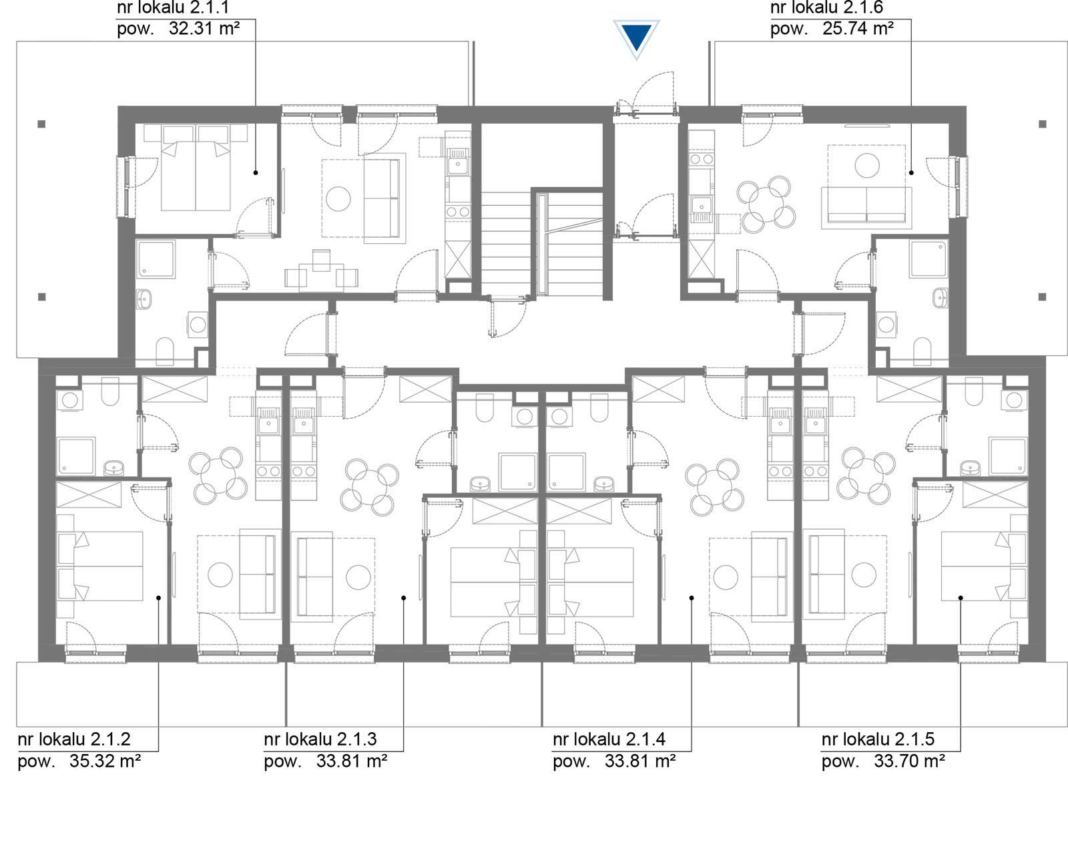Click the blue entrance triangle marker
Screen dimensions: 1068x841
[636, 38]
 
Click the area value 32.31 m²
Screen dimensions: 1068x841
[204, 29]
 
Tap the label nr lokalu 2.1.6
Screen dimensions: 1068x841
[826, 7]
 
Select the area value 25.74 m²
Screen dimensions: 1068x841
[858, 29]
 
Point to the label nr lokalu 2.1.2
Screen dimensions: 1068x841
[74, 739]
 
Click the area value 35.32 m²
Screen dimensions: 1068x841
[105, 761]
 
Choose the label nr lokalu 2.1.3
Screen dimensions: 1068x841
[320, 739]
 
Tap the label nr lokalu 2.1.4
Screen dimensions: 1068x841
[609, 739]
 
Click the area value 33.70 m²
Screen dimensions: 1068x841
[909, 761]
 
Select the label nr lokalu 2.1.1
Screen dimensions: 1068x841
[173, 7]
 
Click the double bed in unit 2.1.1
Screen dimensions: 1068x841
[196, 168]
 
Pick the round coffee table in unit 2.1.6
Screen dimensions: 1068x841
[867, 166]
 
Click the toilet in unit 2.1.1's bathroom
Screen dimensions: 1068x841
[165, 352]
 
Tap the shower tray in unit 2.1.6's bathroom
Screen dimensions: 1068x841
[928, 259]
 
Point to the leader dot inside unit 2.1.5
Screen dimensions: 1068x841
[961, 598]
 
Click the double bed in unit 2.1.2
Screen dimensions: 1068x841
[101, 566]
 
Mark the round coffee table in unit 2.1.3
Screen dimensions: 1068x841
[358, 577]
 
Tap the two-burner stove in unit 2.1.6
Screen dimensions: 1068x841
[702, 160]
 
